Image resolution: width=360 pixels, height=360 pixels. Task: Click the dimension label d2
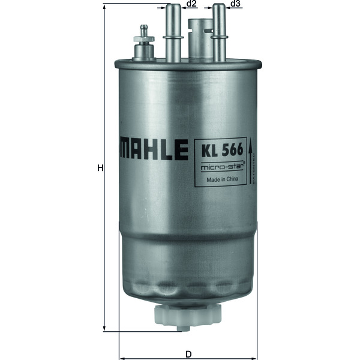(x=191, y=5)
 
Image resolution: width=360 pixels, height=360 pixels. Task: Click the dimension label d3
(x=235, y=5)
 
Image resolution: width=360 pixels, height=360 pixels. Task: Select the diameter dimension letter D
(x=188, y=353)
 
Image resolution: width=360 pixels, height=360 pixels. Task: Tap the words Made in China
(x=219, y=179)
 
